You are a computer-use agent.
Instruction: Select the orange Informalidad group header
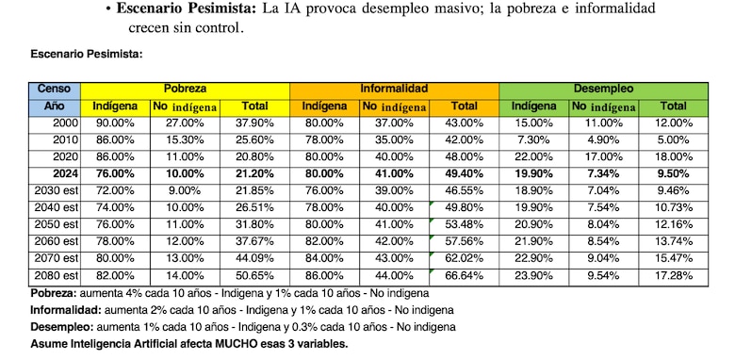pyautogui.click(x=394, y=88)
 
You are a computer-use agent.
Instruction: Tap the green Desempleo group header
pyautogui.click(x=603, y=88)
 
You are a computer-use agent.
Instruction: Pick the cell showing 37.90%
pyautogui.click(x=254, y=123)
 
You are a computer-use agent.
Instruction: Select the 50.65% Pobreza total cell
pyautogui.click(x=254, y=274)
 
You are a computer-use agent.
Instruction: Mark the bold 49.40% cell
pyautogui.click(x=463, y=173)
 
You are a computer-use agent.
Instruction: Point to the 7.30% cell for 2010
pyautogui.click(x=532, y=139)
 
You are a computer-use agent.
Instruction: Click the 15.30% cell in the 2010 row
pyautogui.click(x=185, y=139)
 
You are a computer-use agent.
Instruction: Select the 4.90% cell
pyautogui.click(x=603, y=139)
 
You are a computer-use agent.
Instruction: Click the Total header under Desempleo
pyautogui.click(x=673, y=106)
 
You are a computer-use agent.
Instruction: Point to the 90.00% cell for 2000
pyautogui.click(x=115, y=123)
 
